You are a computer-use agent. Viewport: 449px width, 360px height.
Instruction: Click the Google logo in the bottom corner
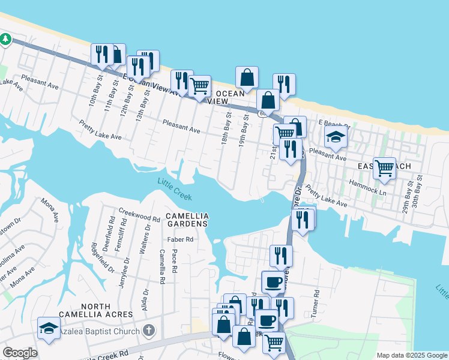pyautogui.click(x=20, y=353)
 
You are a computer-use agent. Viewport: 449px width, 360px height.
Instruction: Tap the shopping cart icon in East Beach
pyautogui.click(x=384, y=168)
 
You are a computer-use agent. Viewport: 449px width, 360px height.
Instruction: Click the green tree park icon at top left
pyautogui.click(x=6, y=39)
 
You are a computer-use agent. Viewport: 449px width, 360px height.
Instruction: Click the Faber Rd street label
pyautogui.click(x=181, y=239)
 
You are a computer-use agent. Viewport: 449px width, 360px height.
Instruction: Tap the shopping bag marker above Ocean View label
pyautogui.click(x=247, y=77)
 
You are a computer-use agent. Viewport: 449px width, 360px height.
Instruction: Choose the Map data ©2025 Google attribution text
pyautogui.click(x=412, y=355)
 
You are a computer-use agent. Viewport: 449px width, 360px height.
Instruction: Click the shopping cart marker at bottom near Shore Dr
pyautogui.click(x=274, y=342)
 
